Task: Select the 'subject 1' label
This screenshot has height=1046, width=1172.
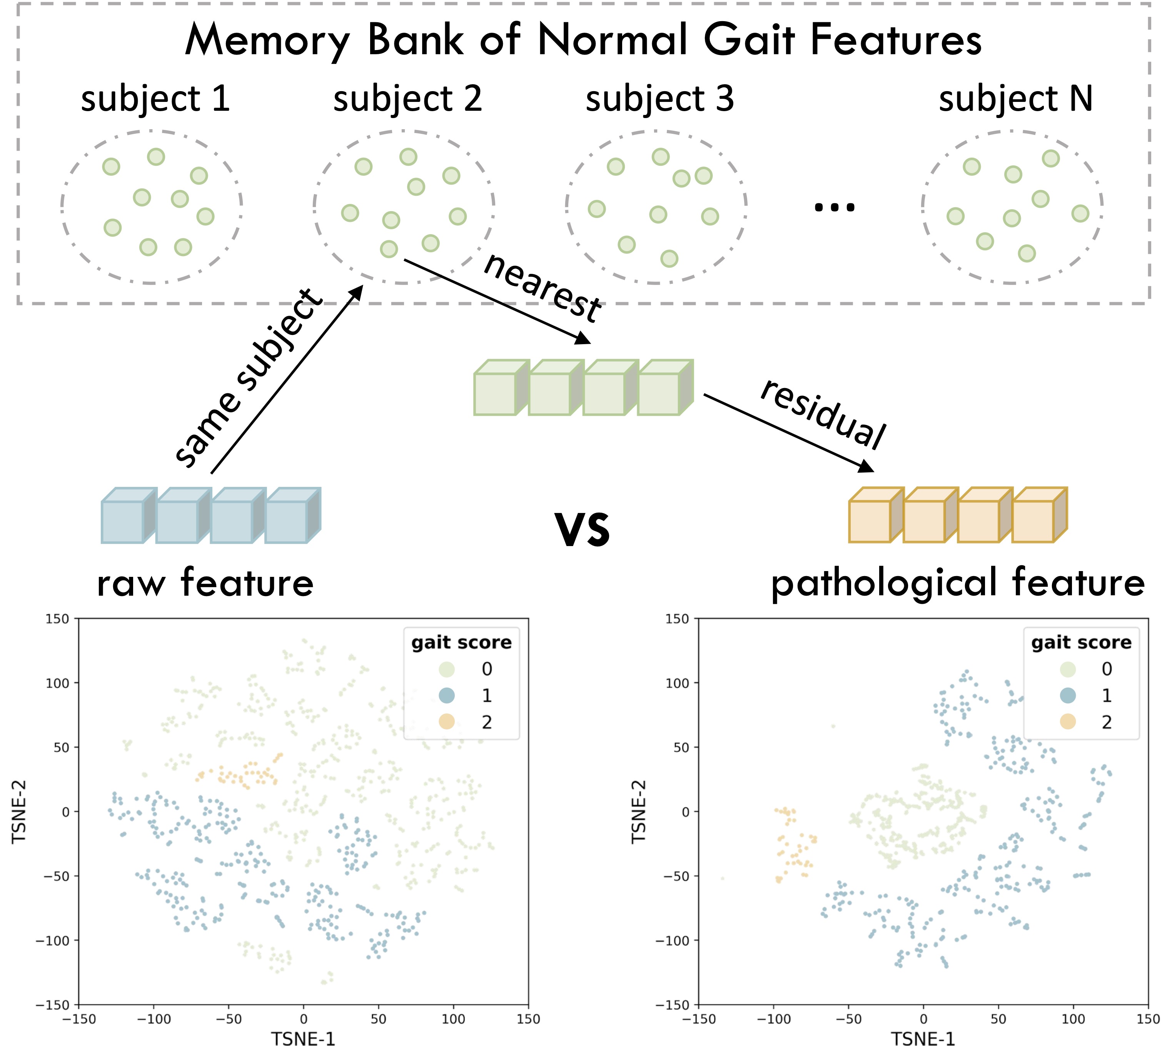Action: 155,98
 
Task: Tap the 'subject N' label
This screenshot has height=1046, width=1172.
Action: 1015,98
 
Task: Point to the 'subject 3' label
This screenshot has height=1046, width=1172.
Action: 659,98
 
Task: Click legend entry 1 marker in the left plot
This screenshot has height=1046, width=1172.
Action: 447,695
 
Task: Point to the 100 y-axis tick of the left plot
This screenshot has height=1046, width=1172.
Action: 57,683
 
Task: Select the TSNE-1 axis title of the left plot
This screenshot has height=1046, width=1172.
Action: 303,1038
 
